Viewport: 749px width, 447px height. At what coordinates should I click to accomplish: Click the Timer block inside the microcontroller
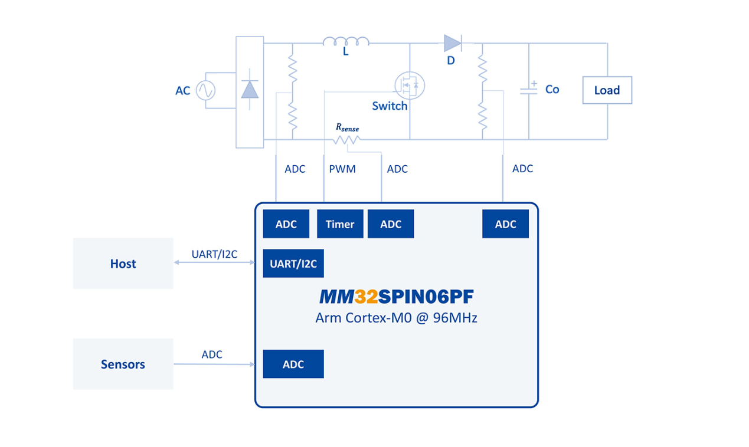[x=340, y=224]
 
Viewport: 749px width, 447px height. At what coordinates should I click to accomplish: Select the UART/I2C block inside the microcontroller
[x=293, y=264]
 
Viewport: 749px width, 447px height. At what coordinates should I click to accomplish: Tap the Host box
[x=123, y=264]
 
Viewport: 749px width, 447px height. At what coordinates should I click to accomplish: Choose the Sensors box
[x=123, y=364]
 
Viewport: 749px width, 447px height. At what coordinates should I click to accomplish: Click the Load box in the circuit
[x=607, y=90]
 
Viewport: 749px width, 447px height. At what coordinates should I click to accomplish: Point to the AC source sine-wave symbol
[x=205, y=90]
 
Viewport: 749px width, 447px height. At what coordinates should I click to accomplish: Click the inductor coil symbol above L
[x=346, y=41]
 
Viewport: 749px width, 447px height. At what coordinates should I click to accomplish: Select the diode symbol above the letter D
[x=452, y=42]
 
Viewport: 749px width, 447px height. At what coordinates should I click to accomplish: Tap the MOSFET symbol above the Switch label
[x=410, y=86]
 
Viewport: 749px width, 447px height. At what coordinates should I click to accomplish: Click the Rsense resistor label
[x=347, y=127]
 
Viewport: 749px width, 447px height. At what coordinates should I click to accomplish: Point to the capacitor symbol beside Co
[x=528, y=90]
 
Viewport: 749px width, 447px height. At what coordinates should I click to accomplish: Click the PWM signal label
[x=342, y=169]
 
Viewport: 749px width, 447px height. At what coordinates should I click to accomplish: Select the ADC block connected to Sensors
[x=293, y=364]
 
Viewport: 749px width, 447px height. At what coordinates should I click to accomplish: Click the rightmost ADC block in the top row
[x=505, y=224]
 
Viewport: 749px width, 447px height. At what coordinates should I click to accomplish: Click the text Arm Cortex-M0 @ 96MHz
[x=396, y=318]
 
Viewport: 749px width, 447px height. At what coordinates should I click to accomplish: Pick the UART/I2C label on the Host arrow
[x=214, y=254]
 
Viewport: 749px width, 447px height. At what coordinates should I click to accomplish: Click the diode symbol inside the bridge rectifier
[x=250, y=90]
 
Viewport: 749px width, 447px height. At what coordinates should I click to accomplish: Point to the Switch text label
[x=390, y=106]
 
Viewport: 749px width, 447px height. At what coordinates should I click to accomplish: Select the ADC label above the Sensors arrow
[x=212, y=354]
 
